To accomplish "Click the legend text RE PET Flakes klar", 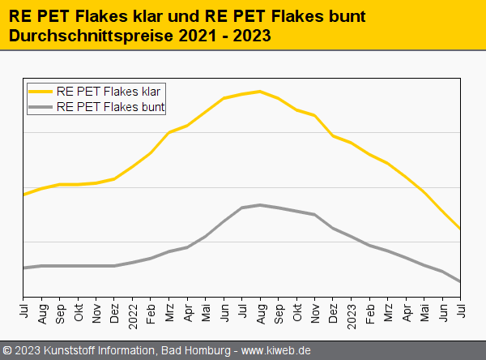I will pos(114,92).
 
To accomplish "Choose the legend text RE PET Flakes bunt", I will pos(114,106).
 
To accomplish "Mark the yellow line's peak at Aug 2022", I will pos(259,91).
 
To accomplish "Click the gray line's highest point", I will pos(259,204).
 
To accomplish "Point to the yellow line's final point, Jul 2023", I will pos(460,228).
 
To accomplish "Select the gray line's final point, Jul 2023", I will pos(460,281).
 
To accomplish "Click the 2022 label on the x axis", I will pos(132,314).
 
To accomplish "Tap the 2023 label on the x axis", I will pos(351,314).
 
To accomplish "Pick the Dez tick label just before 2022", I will pos(114,312).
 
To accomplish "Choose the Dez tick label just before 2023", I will pos(333,312).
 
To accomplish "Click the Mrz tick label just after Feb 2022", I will pos(168,312).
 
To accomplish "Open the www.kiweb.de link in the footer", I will pos(276,350).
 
